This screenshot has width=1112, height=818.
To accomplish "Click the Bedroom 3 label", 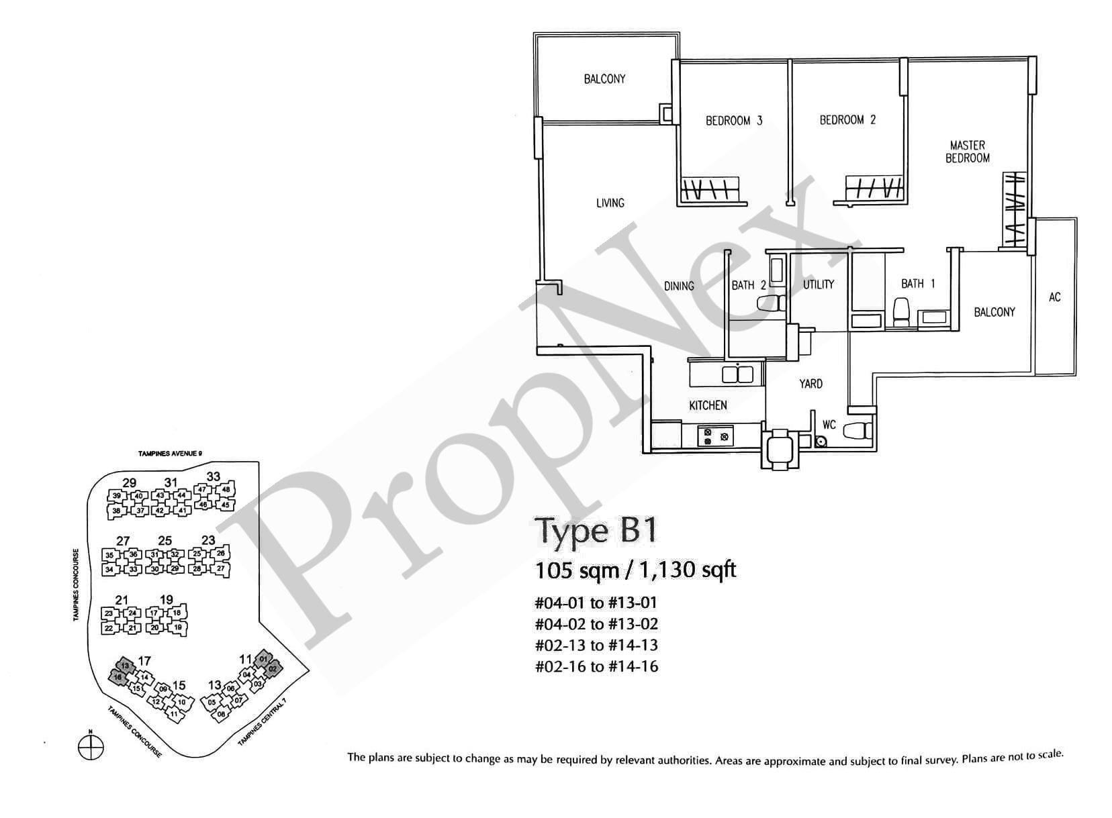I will [x=733, y=121].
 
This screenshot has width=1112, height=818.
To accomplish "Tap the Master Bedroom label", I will [x=967, y=152].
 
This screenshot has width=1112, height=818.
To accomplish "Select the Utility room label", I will [x=818, y=285].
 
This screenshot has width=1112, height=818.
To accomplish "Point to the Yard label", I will [x=810, y=384].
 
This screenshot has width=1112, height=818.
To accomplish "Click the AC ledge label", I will [x=1054, y=297].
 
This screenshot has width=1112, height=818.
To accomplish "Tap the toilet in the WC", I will [x=857, y=430].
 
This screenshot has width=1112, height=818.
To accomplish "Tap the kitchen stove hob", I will [x=715, y=436].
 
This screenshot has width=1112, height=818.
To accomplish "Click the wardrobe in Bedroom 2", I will [x=872, y=189].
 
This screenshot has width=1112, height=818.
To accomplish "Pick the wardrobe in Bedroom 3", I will [x=710, y=189].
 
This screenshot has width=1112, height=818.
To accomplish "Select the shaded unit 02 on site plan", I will [x=272, y=669].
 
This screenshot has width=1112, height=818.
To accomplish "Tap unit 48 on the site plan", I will [x=226, y=490].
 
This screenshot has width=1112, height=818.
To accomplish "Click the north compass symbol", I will [x=91, y=746].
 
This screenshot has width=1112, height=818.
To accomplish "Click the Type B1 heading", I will [x=595, y=531].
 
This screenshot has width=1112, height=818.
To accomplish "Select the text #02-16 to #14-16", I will [x=596, y=666].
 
